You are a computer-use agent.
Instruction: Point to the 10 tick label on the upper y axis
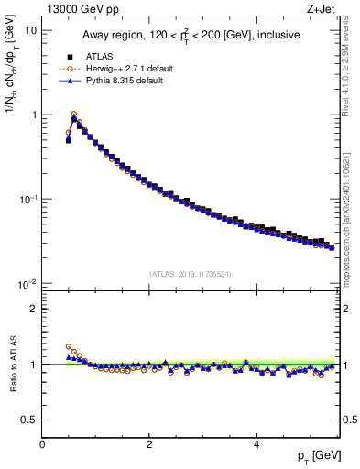click(30, 30)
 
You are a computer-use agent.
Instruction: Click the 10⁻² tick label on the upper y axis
click(27, 284)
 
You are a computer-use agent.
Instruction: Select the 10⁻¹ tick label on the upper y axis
click(27, 200)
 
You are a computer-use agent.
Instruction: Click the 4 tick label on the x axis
click(256, 444)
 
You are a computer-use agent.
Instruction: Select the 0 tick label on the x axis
click(43, 444)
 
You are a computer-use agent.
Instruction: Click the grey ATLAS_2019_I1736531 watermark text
click(191, 274)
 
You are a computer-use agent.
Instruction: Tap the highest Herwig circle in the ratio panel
click(69, 347)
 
